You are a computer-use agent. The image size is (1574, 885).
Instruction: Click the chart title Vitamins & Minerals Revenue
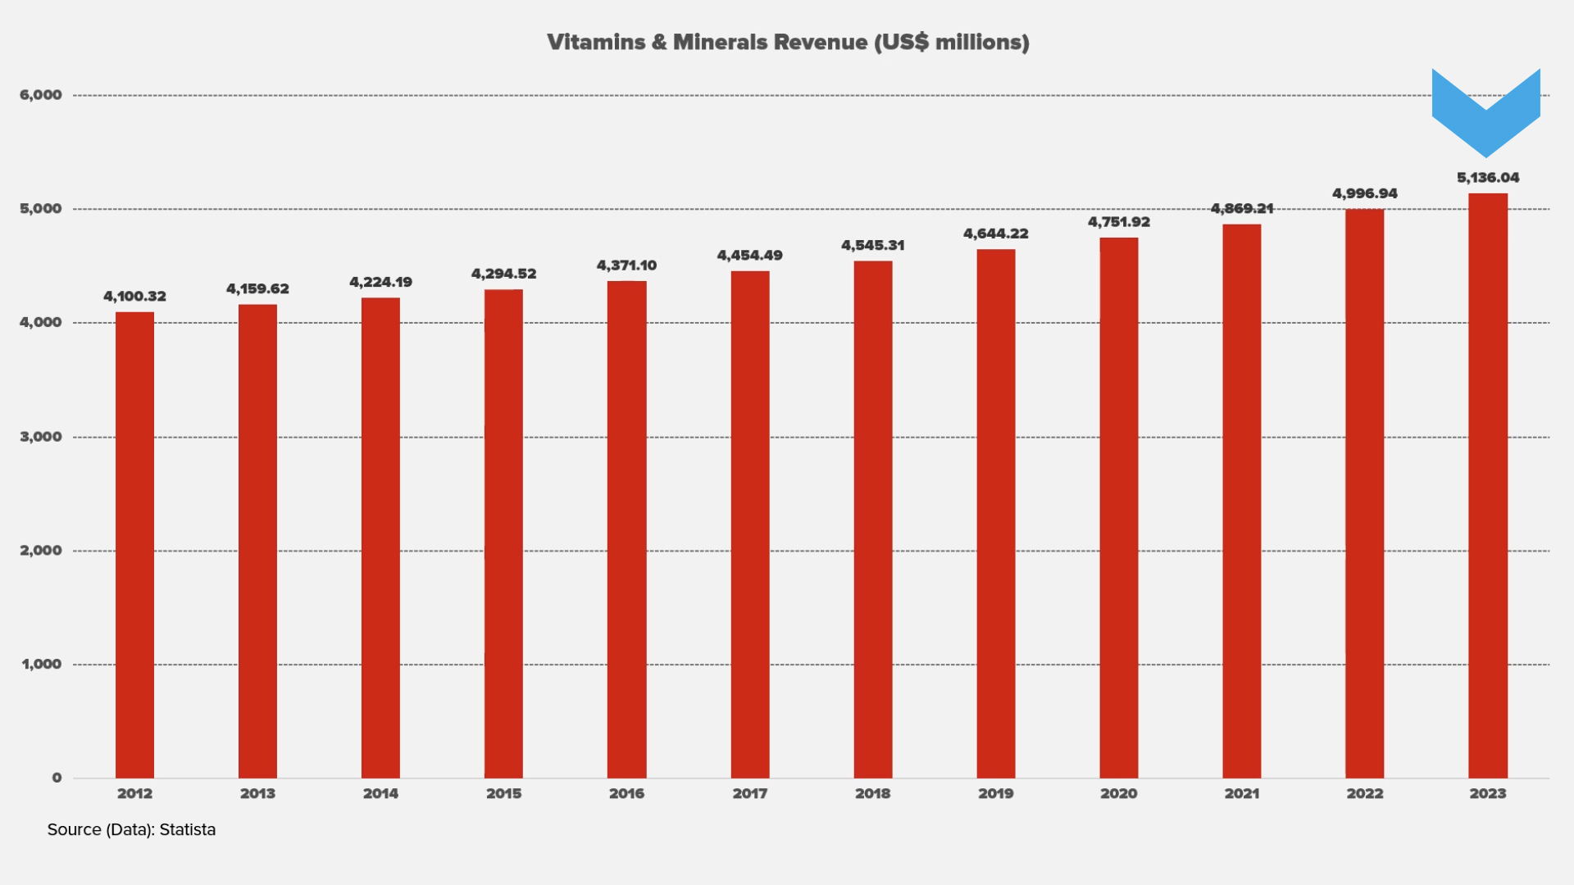788,43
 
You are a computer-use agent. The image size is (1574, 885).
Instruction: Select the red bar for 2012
134,545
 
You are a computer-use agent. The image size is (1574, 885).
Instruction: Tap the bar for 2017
750,524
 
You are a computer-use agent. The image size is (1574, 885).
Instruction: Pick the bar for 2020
1119,508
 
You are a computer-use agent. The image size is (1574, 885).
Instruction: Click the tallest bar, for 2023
1488,486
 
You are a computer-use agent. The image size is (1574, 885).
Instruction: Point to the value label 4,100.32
134,297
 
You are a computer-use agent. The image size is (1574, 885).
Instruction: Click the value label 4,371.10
626,265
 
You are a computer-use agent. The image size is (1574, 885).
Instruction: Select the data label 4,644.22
995,234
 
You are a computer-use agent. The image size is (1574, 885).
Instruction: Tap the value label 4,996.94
1365,194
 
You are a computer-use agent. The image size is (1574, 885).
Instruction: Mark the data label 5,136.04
1488,178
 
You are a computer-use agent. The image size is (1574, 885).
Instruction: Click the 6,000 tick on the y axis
41,95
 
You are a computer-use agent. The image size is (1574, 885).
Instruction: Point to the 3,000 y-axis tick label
41,437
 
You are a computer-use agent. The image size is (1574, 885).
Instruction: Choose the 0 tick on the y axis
57,778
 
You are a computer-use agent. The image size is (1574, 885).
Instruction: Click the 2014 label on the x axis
380,793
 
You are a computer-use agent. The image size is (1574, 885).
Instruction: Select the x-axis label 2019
995,793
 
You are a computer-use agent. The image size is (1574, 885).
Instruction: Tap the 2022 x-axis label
1365,793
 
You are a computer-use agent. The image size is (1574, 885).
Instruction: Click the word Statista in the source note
188,830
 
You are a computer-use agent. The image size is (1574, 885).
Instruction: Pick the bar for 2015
503,533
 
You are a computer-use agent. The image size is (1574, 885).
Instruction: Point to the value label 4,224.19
380,283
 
